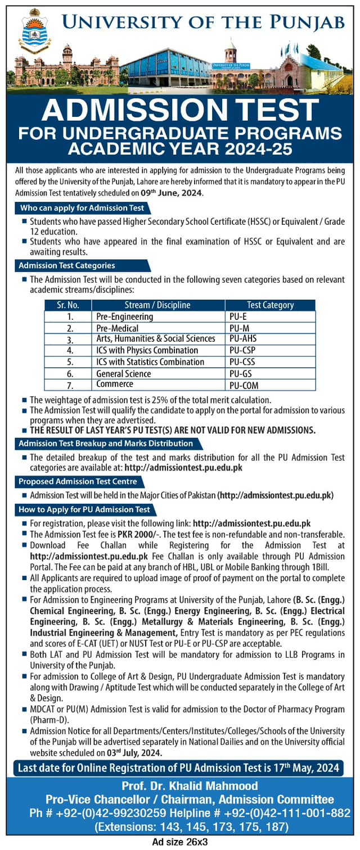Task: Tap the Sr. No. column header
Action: point(69,305)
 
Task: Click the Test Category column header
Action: point(270,305)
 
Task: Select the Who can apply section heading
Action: point(82,208)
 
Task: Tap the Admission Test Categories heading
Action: point(68,265)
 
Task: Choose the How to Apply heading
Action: point(84,509)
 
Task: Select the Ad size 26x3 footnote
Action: point(180,842)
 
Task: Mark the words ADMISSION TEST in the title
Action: point(180,110)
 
